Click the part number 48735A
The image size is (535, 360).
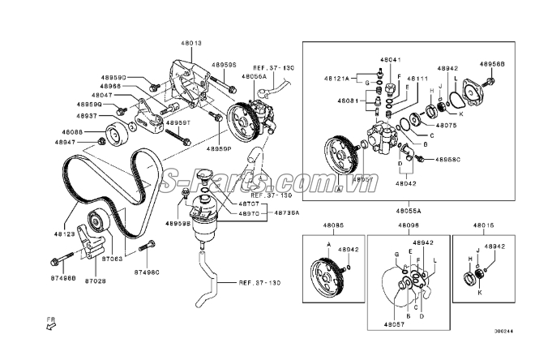click(x=286, y=213)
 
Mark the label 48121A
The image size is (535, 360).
click(x=336, y=79)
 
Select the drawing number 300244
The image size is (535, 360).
click(x=504, y=331)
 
